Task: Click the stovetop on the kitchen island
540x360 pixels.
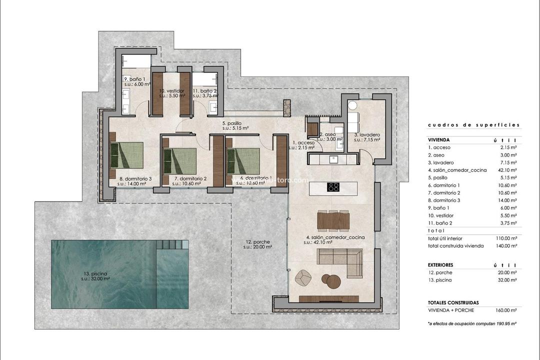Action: coord(333,187)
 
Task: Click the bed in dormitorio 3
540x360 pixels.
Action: coord(127,155)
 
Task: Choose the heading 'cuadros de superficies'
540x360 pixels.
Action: coord(473,125)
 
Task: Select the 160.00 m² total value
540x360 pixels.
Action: coord(506,310)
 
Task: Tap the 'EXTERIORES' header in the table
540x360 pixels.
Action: coord(440,265)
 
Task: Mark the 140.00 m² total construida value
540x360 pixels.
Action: coord(506,245)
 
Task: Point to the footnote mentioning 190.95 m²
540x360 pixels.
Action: coord(472,324)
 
